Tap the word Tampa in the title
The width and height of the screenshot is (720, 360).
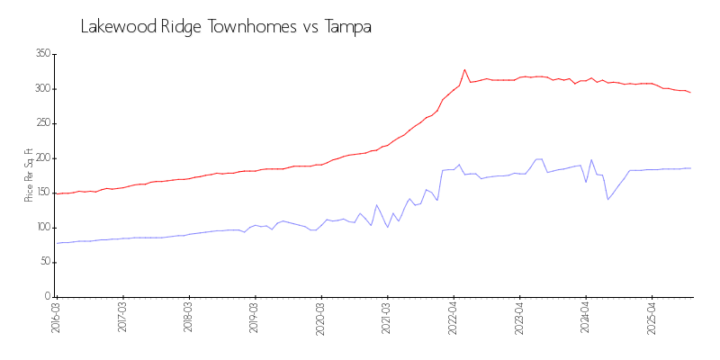coord(347,27)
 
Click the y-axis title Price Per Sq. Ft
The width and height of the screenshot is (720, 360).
coord(29,175)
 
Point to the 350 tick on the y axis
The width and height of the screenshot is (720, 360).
coord(41,54)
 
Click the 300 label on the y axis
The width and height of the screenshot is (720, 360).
coord(41,89)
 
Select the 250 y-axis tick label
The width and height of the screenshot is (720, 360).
coord(41,123)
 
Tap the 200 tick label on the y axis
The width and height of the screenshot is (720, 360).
coord(41,158)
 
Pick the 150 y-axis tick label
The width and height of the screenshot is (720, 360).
coord(41,193)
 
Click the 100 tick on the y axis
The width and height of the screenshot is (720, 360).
coord(41,228)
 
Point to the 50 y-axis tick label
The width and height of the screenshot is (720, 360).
coord(44,262)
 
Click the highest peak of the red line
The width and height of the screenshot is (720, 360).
coord(464,69)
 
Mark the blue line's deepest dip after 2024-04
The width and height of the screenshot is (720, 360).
coord(607,200)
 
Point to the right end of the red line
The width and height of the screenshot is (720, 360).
coord(690,93)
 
